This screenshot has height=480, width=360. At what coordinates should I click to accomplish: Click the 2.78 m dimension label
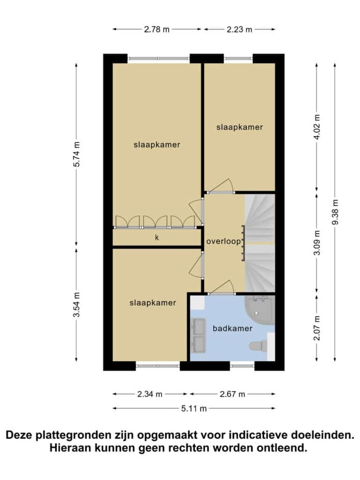[157, 30]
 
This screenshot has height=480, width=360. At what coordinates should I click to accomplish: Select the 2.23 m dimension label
[240, 30]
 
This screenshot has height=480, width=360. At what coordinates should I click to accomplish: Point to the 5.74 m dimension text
[76, 154]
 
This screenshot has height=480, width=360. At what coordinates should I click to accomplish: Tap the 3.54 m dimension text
[76, 305]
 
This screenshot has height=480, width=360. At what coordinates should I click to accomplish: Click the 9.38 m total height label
[335, 212]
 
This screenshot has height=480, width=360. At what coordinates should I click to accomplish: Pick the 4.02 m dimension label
[317, 127]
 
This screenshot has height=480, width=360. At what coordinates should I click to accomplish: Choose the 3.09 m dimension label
[317, 243]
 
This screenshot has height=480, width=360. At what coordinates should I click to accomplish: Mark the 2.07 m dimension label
[317, 328]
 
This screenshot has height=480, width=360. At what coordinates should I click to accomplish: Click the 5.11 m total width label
[194, 408]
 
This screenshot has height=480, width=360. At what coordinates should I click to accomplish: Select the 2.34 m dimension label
[150, 394]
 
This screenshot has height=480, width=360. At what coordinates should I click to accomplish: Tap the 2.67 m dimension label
[232, 394]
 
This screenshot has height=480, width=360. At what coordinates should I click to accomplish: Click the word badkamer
[232, 329]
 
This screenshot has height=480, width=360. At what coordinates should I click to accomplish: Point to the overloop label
[224, 241]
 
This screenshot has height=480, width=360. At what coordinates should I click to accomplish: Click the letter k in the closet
[157, 237]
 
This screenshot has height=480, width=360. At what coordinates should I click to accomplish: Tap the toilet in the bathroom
[258, 346]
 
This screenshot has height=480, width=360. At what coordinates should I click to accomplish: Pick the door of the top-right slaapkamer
[222, 186]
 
